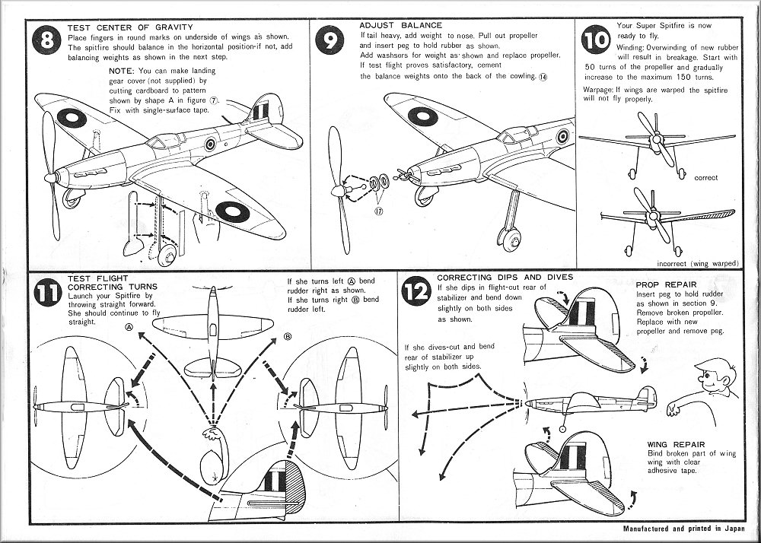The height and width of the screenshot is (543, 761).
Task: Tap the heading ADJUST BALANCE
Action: coord(391,25)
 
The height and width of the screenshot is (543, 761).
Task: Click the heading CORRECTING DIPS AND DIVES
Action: coord(505,278)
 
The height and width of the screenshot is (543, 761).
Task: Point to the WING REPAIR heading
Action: coord(676,443)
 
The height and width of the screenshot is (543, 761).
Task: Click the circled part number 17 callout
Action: coord(378,211)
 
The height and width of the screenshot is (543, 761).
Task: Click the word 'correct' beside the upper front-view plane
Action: coord(705,178)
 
